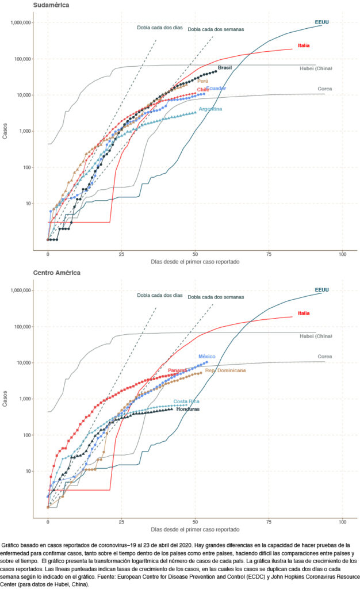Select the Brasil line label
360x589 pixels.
(x=224, y=68)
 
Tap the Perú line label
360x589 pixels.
(x=202, y=82)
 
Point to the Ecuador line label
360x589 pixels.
(x=216, y=89)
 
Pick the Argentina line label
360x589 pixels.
(x=210, y=109)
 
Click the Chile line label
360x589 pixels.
(x=203, y=90)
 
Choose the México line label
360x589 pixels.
(x=207, y=357)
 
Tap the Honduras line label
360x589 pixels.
(x=187, y=409)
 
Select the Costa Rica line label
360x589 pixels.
(x=186, y=401)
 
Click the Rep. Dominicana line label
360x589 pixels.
(x=225, y=371)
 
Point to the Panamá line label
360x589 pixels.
(x=178, y=370)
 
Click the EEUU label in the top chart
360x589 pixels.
(x=321, y=22)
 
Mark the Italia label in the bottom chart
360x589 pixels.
(x=304, y=313)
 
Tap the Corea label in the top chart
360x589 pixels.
(x=325, y=89)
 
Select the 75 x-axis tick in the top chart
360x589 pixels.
(x=269, y=254)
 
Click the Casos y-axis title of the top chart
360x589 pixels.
(x=5, y=136)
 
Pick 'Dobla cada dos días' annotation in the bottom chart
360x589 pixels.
(x=159, y=296)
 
